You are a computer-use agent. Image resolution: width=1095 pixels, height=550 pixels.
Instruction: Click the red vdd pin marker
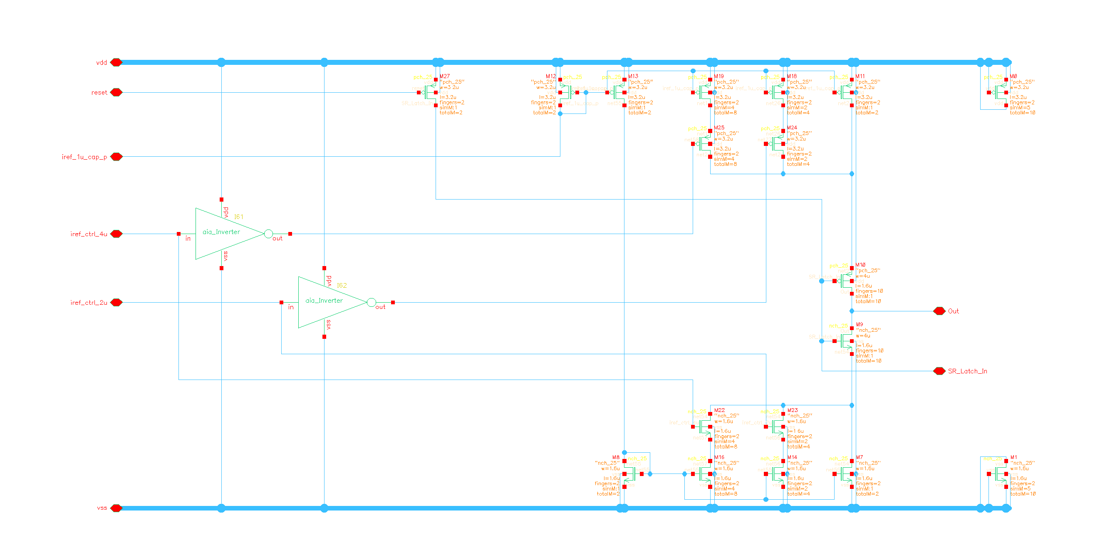(116, 62)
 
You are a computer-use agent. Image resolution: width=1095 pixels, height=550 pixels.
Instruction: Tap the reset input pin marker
(116, 92)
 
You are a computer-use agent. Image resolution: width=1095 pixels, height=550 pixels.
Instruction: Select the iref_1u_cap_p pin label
(84, 157)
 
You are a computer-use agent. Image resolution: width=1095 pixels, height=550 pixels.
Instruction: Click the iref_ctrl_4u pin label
(89, 234)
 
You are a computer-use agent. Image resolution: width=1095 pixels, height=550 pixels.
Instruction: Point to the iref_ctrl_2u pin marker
(116, 302)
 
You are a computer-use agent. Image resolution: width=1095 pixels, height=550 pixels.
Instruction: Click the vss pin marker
(116, 508)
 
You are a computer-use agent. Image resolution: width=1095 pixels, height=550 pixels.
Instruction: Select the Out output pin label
(953, 311)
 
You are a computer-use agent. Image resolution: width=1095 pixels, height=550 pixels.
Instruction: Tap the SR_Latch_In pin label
(967, 371)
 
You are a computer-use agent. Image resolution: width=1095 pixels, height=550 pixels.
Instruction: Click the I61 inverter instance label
(239, 217)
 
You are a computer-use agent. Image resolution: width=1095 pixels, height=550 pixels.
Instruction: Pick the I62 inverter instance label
(342, 286)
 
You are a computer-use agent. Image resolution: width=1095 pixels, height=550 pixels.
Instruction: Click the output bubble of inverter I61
(268, 234)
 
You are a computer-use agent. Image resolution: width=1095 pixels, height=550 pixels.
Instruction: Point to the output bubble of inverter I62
(371, 302)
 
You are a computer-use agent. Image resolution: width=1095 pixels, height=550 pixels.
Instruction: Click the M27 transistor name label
(445, 76)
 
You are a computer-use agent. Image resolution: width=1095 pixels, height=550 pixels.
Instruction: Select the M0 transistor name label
(1013, 76)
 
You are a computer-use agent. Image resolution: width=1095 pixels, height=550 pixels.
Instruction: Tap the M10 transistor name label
(860, 265)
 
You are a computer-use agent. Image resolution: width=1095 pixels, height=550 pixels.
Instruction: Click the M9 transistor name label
(860, 325)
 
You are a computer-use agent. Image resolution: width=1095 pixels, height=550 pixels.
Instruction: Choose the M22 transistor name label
(719, 410)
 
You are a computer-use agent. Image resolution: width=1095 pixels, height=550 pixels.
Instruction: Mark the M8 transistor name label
(616, 457)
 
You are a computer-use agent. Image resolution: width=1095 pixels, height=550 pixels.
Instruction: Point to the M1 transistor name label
(1014, 457)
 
